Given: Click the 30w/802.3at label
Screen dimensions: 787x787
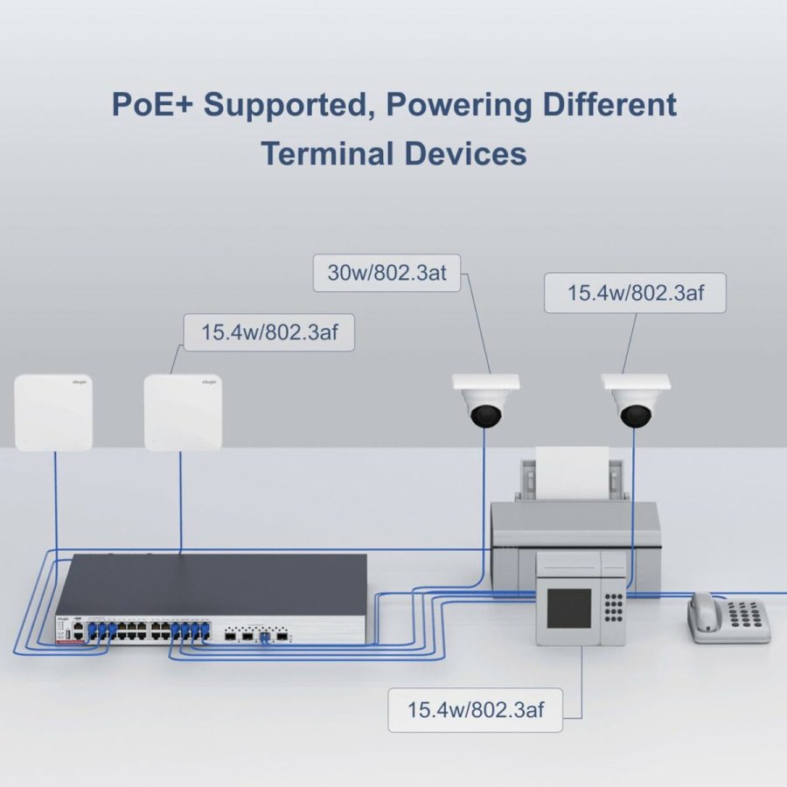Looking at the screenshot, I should pos(387,273).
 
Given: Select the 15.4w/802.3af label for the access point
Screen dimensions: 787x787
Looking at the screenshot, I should pos(268,333).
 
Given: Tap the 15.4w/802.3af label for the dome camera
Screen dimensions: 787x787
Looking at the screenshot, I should pos(635,293).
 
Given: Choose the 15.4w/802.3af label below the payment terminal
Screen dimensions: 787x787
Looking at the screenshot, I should pos(475,709).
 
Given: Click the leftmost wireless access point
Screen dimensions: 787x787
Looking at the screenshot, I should pos(53,412).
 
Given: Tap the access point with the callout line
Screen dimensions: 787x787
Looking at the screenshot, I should pos(183,412).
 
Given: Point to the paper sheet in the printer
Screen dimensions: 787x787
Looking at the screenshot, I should pos(572,472).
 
